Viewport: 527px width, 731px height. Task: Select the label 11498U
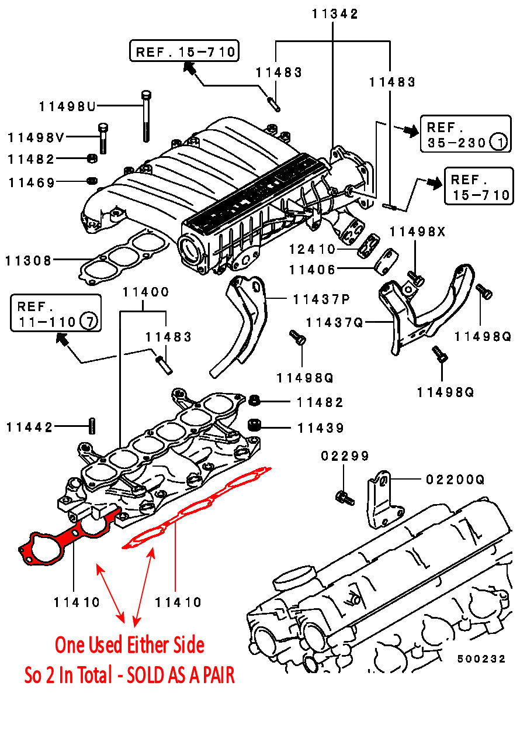click(x=67, y=106)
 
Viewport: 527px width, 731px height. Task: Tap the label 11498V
click(x=36, y=138)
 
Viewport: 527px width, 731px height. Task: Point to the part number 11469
click(x=32, y=183)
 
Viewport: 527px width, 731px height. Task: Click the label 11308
click(x=29, y=260)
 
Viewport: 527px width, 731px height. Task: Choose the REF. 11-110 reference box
click(x=56, y=314)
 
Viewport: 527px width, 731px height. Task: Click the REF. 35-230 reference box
click(x=465, y=135)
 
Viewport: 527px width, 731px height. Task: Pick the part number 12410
click(x=312, y=250)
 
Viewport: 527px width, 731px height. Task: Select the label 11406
click(x=312, y=270)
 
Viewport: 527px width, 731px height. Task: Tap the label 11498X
click(x=418, y=232)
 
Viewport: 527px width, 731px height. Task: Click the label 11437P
click(x=321, y=299)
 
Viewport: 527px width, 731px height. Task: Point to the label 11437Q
click(x=335, y=322)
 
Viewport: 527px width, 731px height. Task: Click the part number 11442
click(x=29, y=427)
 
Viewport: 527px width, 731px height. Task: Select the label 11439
click(x=320, y=428)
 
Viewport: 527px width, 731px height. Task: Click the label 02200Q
click(x=455, y=480)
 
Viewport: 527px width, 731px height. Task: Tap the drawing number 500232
click(x=481, y=658)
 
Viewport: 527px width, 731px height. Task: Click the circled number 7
click(x=88, y=322)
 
